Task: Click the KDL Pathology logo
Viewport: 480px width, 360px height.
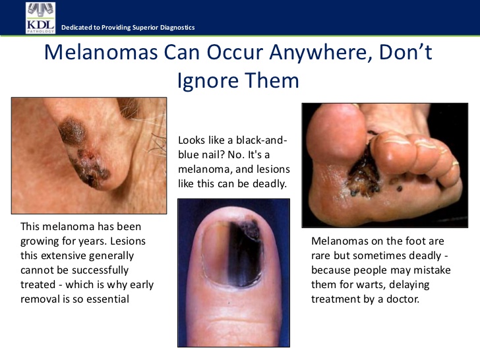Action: point(40,18)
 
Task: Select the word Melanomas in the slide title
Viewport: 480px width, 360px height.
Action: point(101,51)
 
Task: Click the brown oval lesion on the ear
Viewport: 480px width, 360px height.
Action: point(73,131)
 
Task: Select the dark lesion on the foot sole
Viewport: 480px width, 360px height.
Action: point(364,176)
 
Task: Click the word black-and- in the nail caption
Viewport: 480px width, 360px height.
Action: point(261,140)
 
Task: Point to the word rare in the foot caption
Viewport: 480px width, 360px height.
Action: point(320,256)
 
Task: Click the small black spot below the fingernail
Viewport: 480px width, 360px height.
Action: point(229,303)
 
